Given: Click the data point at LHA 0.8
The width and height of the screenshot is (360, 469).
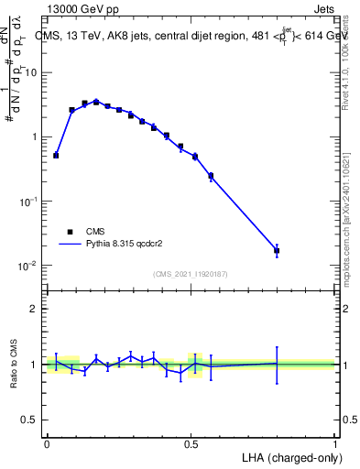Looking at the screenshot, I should coord(277,250).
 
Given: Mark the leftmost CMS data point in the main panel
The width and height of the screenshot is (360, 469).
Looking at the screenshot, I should coord(56,156).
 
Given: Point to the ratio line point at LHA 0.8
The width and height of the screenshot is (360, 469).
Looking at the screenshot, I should coord(277,363).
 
